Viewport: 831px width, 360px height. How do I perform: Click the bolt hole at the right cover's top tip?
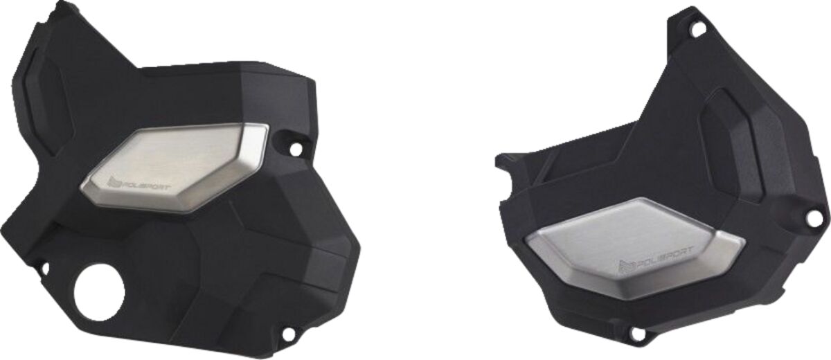[x=697, y=29]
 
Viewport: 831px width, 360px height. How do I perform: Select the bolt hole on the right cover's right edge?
[x=814, y=217]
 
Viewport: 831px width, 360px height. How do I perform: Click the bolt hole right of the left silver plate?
[x=296, y=149]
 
